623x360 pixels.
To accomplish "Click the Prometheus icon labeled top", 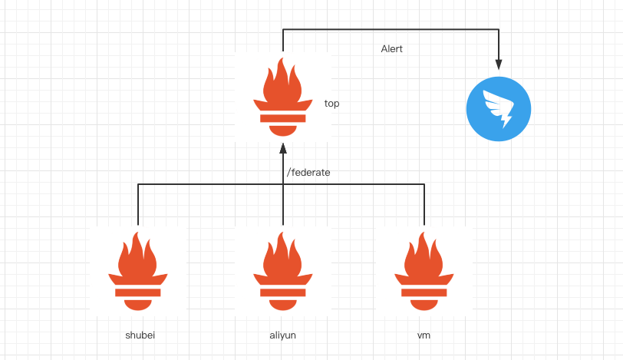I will [283, 96].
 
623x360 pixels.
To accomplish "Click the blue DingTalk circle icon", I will [499, 109].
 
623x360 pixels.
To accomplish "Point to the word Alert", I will [391, 49].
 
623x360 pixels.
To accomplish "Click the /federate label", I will [308, 173].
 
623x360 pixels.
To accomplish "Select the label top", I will [332, 103].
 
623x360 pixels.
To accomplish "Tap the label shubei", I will [140, 335].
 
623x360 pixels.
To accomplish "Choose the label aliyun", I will [282, 335].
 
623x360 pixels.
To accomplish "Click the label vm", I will [424, 335].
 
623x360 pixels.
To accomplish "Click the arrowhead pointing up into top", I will [283, 147].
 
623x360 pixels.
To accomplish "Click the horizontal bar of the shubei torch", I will [138, 292].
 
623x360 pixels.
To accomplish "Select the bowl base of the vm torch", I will [424, 304].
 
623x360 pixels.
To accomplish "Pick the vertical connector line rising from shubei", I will [138, 205].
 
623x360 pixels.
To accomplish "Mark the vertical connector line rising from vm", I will [424, 205].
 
